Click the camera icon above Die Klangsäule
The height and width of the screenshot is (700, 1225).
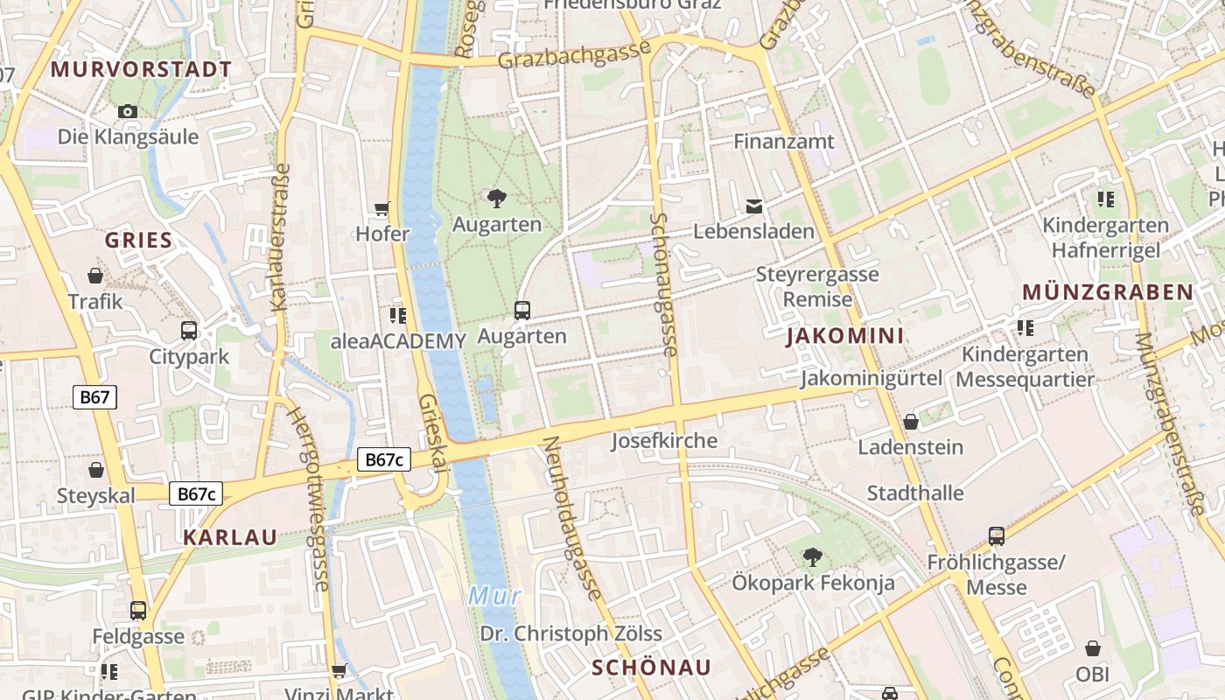click(x=128, y=112)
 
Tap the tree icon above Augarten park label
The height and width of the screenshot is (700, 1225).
click(x=497, y=199)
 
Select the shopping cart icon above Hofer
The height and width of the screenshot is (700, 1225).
click(x=381, y=209)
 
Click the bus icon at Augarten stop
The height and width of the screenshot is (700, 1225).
click(x=522, y=311)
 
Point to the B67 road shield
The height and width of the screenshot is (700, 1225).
click(x=94, y=397)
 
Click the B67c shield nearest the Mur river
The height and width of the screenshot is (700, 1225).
click(x=384, y=459)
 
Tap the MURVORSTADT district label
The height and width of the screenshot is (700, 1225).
click(x=142, y=69)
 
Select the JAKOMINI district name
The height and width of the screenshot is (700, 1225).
click(x=844, y=336)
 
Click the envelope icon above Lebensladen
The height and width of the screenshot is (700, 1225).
click(x=753, y=206)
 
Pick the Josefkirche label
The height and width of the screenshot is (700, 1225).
click(x=664, y=440)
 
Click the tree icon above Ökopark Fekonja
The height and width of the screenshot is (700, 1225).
click(x=813, y=556)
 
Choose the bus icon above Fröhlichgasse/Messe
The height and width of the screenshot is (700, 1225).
click(x=996, y=536)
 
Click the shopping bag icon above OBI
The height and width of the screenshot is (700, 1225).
click(x=1092, y=648)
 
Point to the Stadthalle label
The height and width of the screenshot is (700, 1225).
click(x=915, y=493)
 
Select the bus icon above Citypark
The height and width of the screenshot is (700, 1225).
click(x=189, y=331)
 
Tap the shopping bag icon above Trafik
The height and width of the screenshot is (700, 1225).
click(x=95, y=276)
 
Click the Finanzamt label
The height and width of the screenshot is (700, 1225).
click(x=784, y=141)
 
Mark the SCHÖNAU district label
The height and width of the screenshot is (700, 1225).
click(x=652, y=668)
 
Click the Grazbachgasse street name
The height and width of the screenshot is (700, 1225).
click(x=575, y=55)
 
